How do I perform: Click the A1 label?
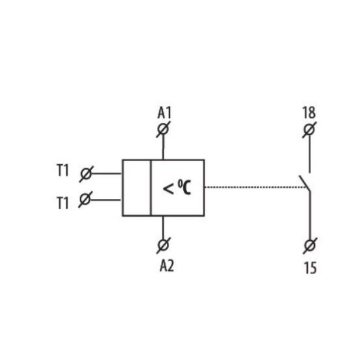click(x=164, y=113)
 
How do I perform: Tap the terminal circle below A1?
click(x=163, y=129)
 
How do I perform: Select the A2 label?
click(x=167, y=266)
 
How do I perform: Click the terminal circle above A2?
click(x=164, y=245)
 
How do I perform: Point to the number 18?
click(x=309, y=113)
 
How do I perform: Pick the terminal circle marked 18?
click(x=309, y=130)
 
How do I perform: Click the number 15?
click(x=310, y=268)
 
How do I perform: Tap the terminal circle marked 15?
click(x=310, y=245)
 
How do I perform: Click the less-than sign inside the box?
click(x=168, y=189)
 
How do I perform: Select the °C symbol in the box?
click(x=185, y=187)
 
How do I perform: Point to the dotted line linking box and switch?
click(x=256, y=187)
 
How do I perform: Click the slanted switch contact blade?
click(x=304, y=183)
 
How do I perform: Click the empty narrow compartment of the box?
click(x=137, y=188)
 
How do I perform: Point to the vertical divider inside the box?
click(x=151, y=188)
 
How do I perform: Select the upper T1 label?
click(x=63, y=171)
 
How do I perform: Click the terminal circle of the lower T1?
click(x=85, y=199)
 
